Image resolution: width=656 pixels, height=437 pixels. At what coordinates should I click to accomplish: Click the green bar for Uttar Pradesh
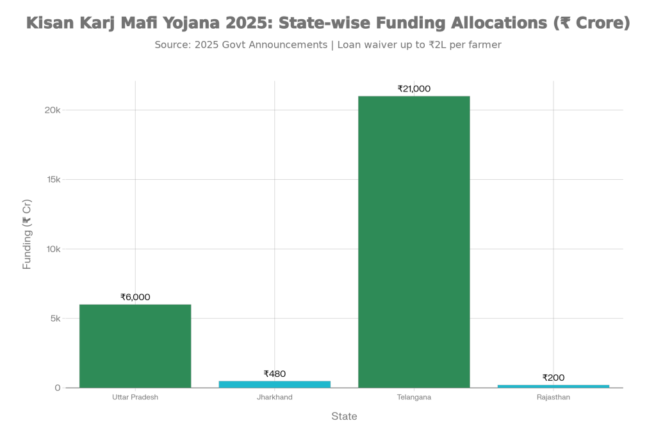tap(135, 346)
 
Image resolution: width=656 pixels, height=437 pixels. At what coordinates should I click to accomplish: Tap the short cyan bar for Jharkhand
tap(275, 384)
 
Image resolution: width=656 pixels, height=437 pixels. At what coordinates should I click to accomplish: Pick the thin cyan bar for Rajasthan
tap(553, 386)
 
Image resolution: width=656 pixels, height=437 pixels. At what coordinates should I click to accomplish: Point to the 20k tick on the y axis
tap(53, 110)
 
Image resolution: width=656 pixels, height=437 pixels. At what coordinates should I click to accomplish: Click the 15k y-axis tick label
tap(53, 180)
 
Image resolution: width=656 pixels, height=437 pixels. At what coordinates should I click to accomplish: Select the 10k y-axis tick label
tap(53, 249)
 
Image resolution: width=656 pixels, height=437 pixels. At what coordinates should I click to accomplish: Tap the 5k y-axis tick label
tap(55, 319)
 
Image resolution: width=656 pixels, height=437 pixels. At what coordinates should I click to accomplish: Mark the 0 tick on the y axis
tap(58, 388)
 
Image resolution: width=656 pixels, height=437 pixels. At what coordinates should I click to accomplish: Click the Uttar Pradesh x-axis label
tap(135, 397)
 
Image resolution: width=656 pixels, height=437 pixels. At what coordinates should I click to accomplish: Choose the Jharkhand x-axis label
tap(275, 397)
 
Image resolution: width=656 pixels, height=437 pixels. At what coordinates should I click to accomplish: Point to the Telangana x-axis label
tap(414, 397)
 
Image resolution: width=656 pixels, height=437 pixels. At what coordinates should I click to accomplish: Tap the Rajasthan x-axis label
tap(553, 397)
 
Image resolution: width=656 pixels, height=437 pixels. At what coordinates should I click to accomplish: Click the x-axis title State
tap(344, 417)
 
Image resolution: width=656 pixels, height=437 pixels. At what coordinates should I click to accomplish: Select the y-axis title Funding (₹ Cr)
tap(27, 234)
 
